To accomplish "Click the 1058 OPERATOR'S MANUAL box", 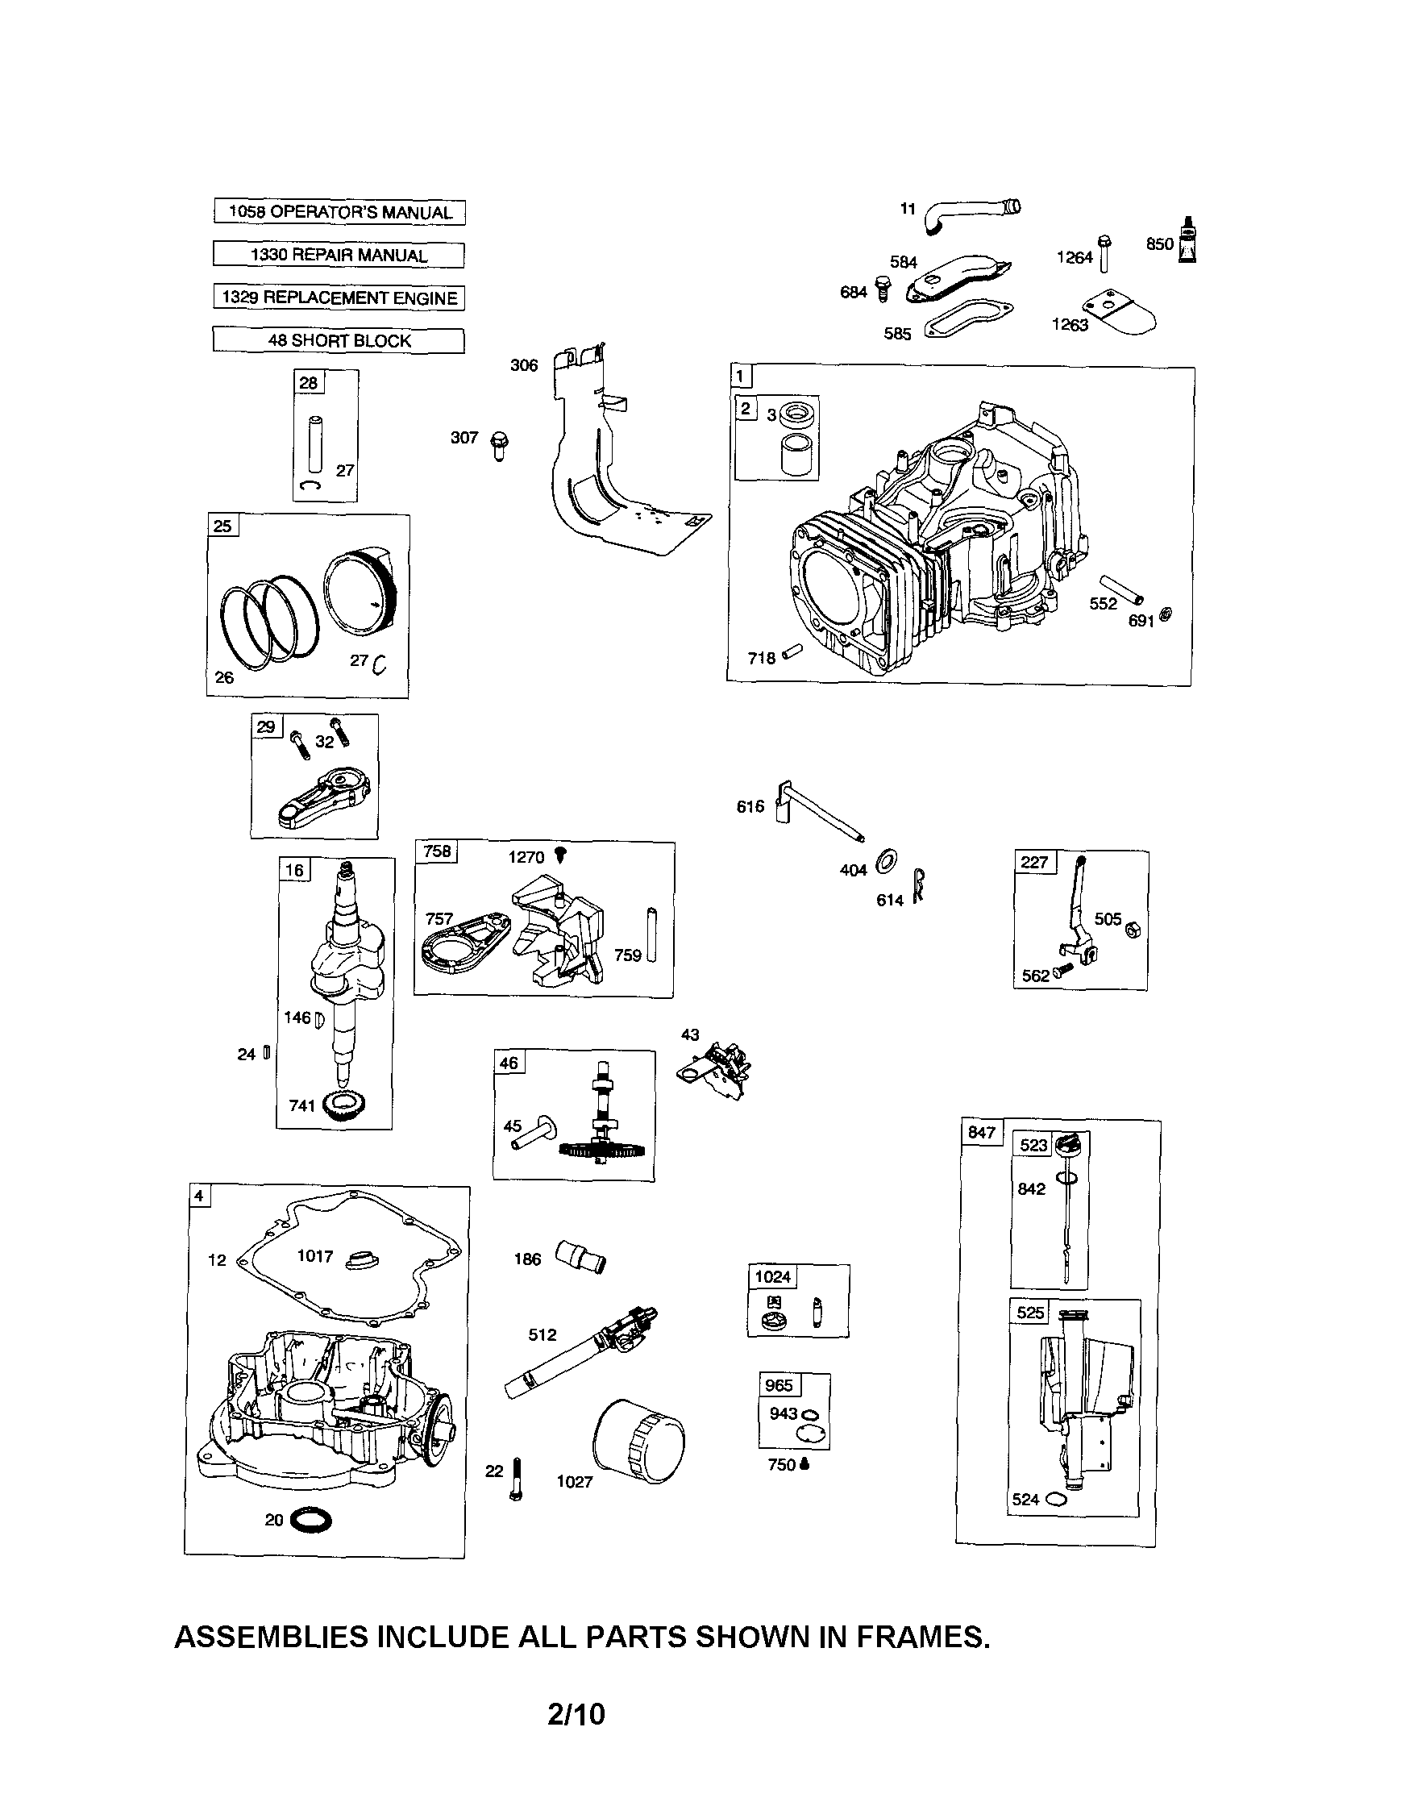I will (x=339, y=212).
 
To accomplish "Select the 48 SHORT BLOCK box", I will (x=339, y=340).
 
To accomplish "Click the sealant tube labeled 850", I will (x=1187, y=243).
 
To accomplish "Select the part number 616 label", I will (x=750, y=806).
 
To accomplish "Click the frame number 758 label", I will (x=436, y=851).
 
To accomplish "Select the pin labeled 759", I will (x=651, y=934).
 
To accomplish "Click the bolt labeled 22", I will (x=517, y=1479).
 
